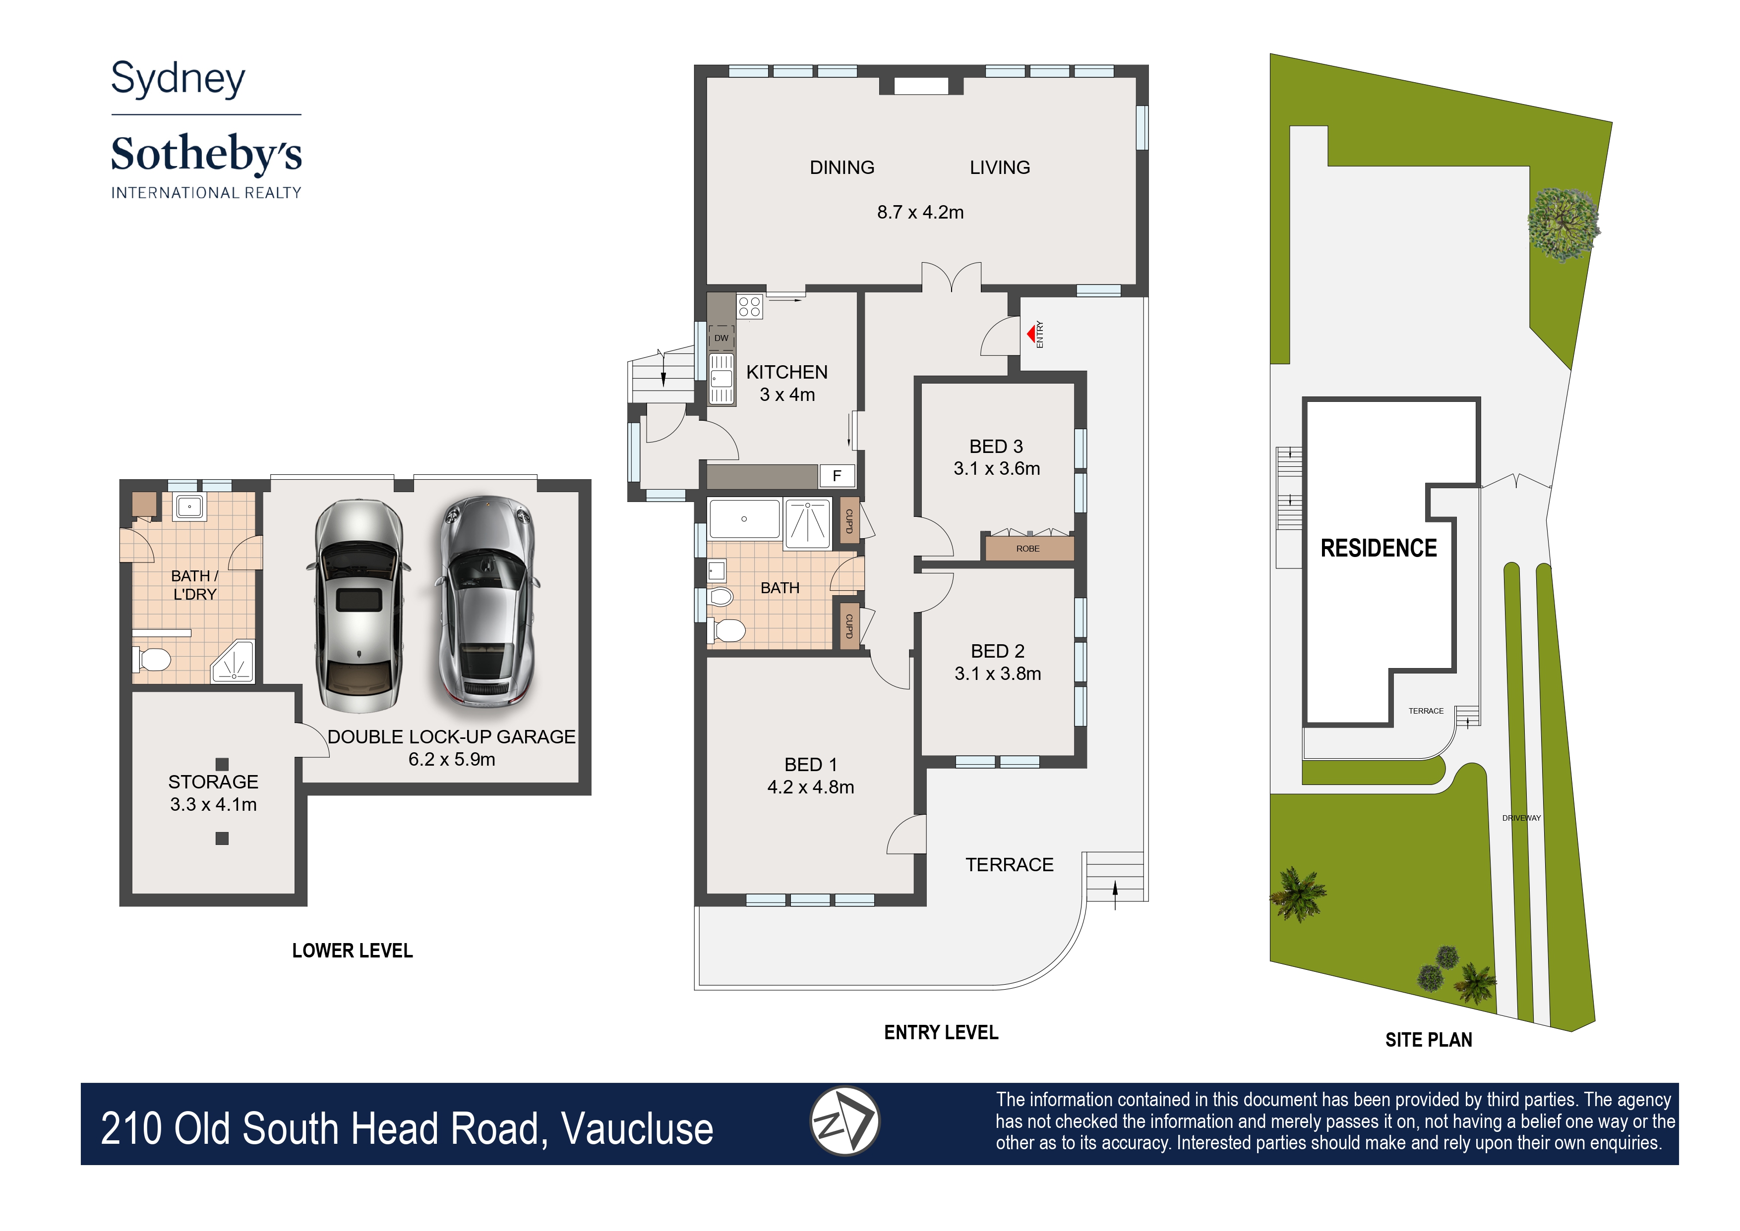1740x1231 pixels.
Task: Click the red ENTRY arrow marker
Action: [x=1031, y=334]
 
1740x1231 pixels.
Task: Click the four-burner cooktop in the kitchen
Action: [x=749, y=306]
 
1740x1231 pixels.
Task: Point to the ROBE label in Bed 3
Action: [x=1028, y=548]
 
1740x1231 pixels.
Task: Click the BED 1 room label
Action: [x=810, y=764]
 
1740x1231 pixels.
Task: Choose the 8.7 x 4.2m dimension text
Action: [x=920, y=212]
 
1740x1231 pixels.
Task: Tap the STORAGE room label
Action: [x=213, y=782]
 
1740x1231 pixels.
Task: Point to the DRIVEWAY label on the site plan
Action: [x=1521, y=818]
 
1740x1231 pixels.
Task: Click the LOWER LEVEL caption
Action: [x=353, y=951]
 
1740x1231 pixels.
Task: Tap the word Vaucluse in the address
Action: [x=637, y=1129]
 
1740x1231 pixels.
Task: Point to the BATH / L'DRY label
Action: [x=194, y=585]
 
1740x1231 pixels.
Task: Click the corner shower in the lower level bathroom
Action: [x=233, y=661]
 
